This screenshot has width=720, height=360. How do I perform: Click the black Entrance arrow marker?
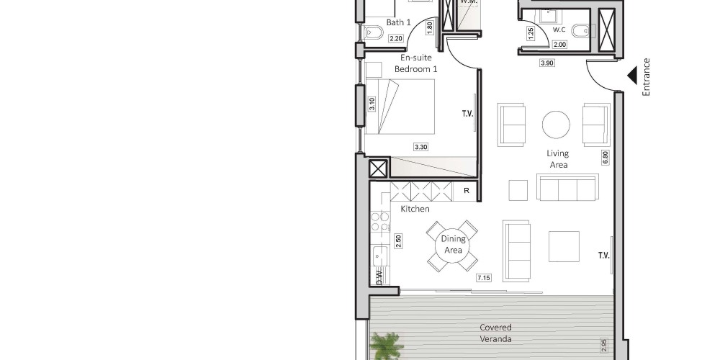click(x=633, y=76)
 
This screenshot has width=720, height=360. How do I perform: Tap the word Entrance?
click(x=647, y=77)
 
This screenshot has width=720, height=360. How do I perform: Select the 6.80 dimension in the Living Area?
click(x=606, y=158)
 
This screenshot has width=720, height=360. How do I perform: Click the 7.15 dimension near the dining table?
click(x=484, y=278)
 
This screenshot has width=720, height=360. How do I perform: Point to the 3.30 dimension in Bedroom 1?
click(x=420, y=148)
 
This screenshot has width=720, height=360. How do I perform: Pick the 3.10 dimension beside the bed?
click(x=372, y=104)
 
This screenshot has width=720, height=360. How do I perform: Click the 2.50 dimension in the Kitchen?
click(x=398, y=241)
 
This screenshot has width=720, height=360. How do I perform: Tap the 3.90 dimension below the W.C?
click(x=546, y=63)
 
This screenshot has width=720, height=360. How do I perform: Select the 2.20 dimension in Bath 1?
click(x=396, y=39)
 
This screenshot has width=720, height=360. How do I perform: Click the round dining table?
click(x=452, y=246)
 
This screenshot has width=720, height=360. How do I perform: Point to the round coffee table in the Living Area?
click(x=556, y=125)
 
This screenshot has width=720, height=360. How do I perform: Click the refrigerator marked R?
click(x=466, y=191)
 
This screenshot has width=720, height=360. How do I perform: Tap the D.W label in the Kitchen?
click(x=379, y=277)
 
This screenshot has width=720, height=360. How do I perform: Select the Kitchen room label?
click(x=415, y=209)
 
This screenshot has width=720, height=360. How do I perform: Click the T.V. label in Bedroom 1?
click(x=467, y=114)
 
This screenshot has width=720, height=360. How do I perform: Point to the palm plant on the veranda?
click(x=387, y=346)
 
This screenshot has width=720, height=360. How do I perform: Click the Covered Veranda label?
click(x=495, y=333)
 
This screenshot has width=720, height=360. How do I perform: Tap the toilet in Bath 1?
click(x=373, y=32)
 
